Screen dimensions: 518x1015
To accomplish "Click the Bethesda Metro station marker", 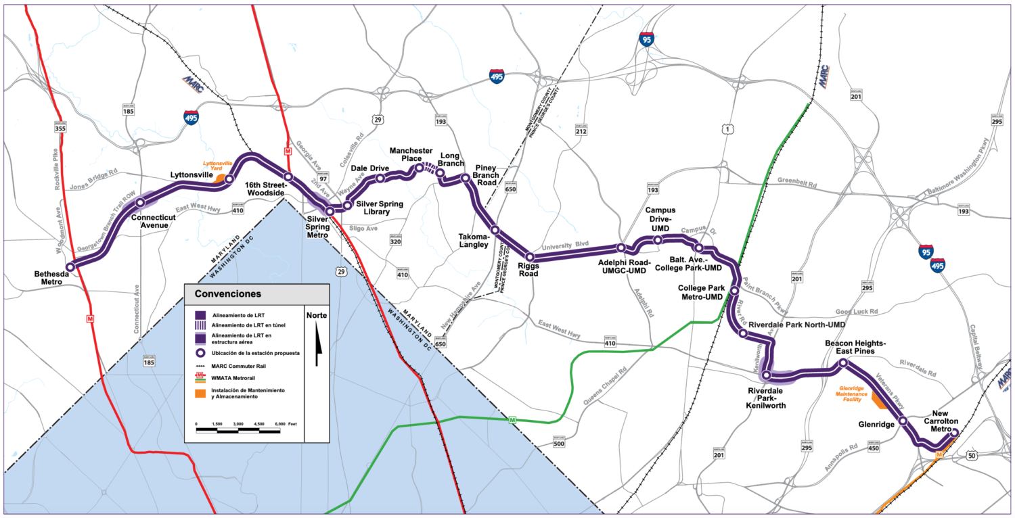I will coord(70,266).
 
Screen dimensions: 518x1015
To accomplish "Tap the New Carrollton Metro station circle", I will coord(955,433).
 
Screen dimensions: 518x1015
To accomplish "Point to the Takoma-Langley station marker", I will coord(495,230).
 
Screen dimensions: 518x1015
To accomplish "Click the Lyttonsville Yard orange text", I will coord(218,166).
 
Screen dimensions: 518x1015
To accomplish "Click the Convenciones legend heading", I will coord(228,294).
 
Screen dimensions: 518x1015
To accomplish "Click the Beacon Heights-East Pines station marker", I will coord(843,364).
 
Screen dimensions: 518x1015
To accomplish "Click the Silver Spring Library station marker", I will coord(347,205).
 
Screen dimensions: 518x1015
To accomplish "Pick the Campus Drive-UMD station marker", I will coord(657,239).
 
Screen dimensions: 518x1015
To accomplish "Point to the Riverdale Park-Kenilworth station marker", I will coord(766,375).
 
